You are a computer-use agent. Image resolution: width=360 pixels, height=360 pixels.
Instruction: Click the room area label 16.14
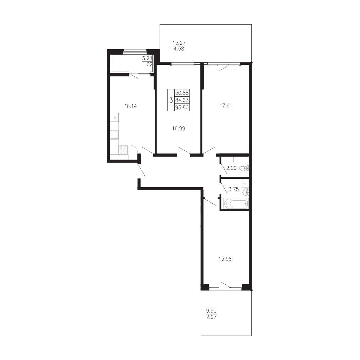130,106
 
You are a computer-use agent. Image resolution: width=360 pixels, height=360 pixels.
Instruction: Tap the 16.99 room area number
178,128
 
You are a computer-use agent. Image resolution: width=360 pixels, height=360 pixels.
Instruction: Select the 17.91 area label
226,106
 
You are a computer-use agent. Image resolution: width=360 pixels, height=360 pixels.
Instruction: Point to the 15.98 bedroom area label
225,259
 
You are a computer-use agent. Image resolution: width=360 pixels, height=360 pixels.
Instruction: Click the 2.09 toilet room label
231,168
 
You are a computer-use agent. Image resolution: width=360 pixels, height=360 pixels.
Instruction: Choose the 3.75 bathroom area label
234,189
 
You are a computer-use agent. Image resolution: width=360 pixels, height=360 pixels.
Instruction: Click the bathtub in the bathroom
236,204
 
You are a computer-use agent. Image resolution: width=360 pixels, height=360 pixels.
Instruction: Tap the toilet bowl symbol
244,168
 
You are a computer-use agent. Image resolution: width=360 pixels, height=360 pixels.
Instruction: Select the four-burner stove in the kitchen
123,149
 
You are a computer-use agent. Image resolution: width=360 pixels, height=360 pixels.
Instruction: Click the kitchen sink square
114,134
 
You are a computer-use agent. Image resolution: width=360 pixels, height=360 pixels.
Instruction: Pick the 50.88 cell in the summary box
182,93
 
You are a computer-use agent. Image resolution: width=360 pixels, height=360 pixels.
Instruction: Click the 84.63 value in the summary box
182,100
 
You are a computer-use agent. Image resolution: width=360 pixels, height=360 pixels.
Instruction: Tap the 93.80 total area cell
182,107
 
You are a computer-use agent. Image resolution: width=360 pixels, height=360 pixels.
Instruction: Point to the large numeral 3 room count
171,100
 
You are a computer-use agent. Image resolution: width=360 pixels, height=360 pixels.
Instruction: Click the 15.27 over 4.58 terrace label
179,46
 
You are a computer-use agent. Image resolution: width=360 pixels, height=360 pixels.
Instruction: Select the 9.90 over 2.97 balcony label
211,314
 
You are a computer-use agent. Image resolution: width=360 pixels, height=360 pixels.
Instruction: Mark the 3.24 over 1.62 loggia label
147,61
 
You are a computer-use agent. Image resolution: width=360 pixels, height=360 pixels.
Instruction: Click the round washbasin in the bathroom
246,192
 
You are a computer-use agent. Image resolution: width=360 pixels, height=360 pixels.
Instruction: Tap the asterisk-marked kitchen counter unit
114,118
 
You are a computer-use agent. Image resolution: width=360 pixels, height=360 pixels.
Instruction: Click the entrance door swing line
142,170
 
